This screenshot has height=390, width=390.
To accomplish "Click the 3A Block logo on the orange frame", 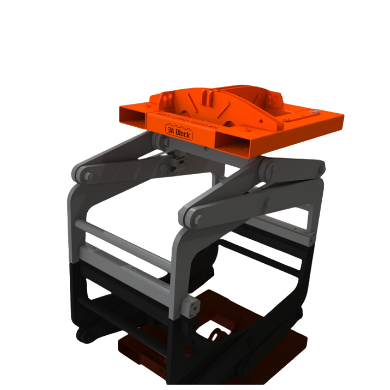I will click(178, 133).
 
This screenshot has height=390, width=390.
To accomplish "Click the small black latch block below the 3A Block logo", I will click(178, 158).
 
